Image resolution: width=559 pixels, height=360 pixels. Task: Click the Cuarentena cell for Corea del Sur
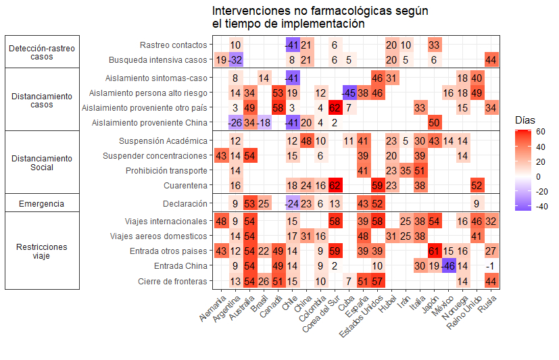pyautogui.click(x=335, y=186)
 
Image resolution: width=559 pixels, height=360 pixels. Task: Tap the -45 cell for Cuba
pyautogui.click(x=349, y=93)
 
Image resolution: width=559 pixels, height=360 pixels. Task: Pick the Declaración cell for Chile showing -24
pyautogui.click(x=292, y=204)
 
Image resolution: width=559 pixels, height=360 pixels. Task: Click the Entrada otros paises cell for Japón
pyautogui.click(x=434, y=251)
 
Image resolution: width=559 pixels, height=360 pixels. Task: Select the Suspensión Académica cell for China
pyautogui.click(x=306, y=141)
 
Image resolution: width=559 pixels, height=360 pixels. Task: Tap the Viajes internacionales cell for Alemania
pyautogui.click(x=221, y=222)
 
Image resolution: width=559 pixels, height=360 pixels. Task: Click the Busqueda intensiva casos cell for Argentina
pyautogui.click(x=235, y=60)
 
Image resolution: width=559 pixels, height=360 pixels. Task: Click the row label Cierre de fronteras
pyautogui.click(x=172, y=282)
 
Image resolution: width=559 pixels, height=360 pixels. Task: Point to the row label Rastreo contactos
pyautogui.click(x=173, y=45)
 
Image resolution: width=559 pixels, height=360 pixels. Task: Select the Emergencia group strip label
pyautogui.click(x=42, y=204)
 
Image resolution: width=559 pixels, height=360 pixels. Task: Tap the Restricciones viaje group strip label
pyautogui.click(x=42, y=251)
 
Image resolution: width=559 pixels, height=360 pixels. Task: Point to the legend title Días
pyautogui.click(x=525, y=119)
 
